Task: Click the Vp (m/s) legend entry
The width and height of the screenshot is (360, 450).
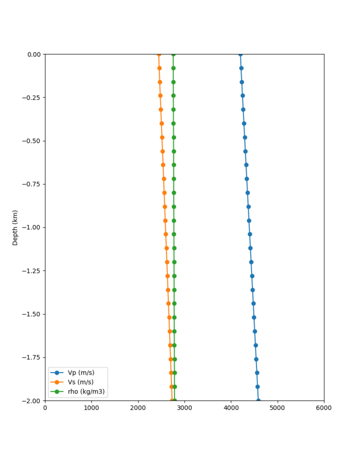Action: click(x=80, y=372)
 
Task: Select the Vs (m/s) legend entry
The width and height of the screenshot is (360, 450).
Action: click(x=80, y=382)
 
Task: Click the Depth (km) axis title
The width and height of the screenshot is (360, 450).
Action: click(x=15, y=227)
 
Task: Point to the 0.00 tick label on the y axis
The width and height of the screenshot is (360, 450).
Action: click(x=34, y=54)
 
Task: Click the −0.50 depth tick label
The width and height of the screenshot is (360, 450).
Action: click(x=32, y=140)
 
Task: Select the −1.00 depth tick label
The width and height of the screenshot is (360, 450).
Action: click(x=32, y=227)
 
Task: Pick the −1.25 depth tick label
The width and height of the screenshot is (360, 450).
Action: click(x=32, y=270)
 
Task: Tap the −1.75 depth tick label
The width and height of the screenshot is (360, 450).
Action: click(x=32, y=357)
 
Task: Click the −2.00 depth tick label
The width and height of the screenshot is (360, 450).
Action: click(x=32, y=400)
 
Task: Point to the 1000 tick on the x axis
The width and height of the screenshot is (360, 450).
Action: click(x=91, y=408)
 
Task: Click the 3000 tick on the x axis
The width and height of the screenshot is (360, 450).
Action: click(x=184, y=408)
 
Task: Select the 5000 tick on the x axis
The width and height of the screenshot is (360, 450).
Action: click(x=277, y=408)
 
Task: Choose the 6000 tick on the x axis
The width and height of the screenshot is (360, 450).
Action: click(x=324, y=408)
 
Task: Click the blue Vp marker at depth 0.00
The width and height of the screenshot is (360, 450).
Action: click(x=240, y=54)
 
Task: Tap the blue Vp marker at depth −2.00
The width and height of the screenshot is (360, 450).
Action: click(x=258, y=400)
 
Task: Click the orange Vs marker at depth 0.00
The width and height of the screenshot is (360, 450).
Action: click(x=159, y=54)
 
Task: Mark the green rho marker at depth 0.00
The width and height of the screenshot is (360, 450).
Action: click(x=173, y=54)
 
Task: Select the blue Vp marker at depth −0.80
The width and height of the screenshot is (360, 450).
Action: click(x=247, y=192)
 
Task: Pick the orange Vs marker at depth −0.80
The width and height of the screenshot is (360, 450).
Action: click(x=164, y=192)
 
